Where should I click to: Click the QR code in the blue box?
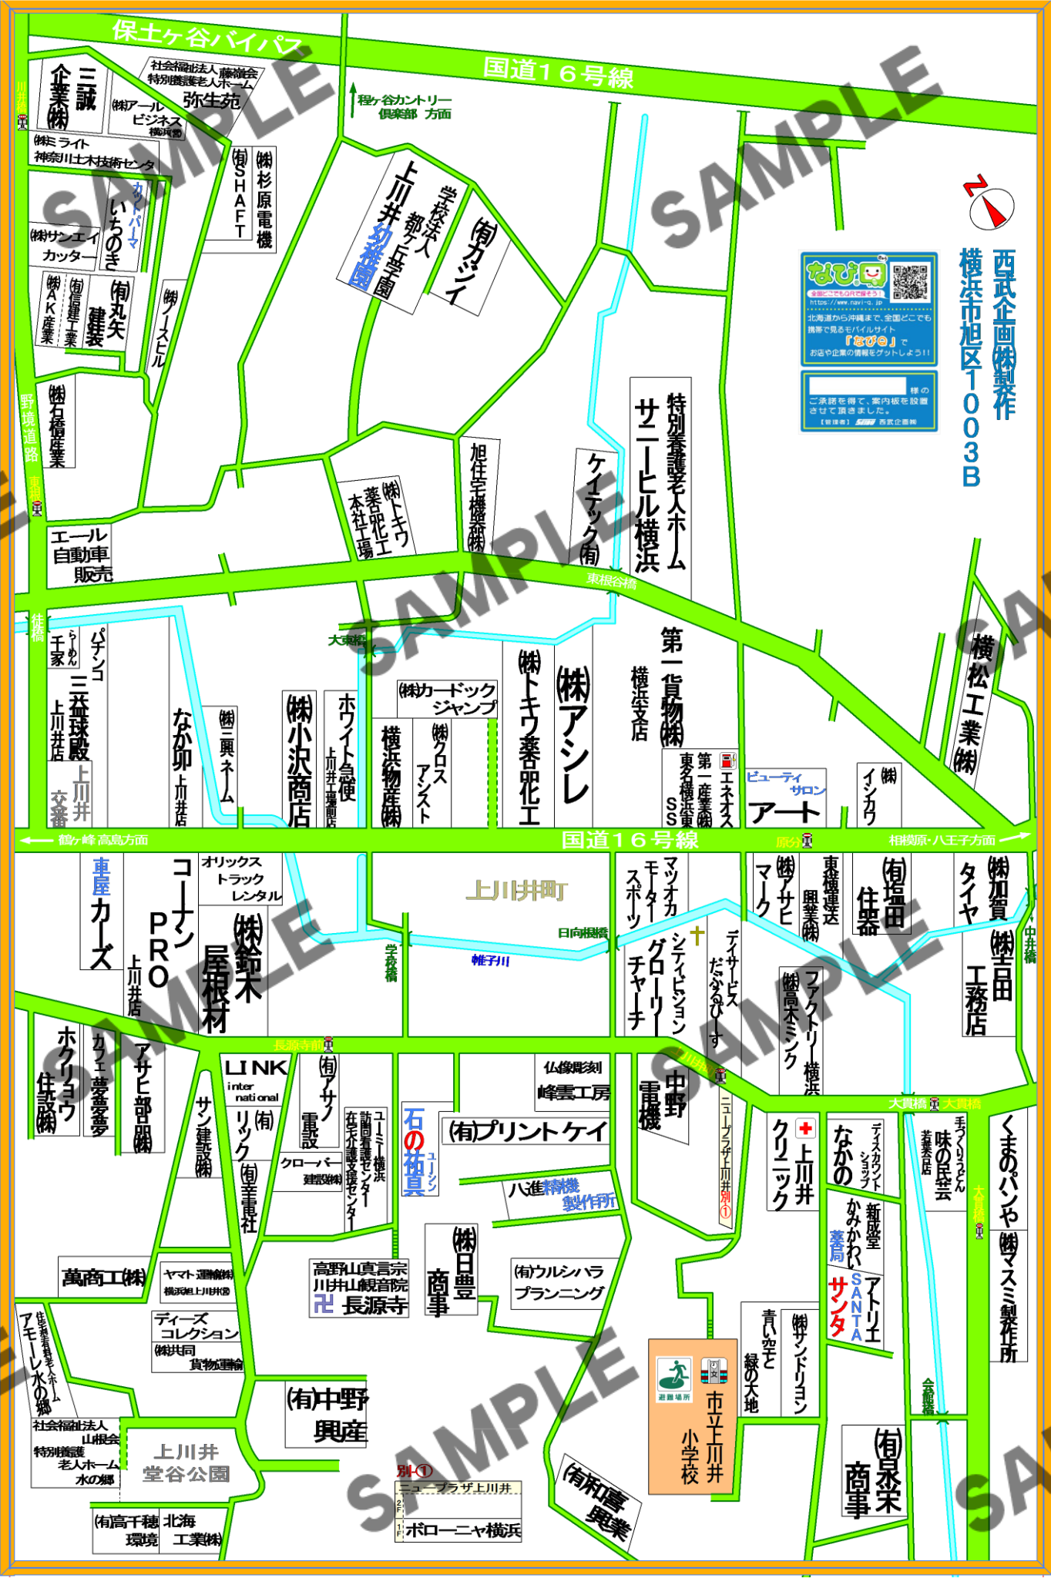[x=910, y=282]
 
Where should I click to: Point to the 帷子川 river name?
[x=491, y=960]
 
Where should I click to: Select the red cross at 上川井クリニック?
[x=805, y=1129]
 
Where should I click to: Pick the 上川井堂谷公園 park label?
[x=186, y=1462]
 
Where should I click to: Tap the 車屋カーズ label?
[x=101, y=912]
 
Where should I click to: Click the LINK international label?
[x=256, y=1078]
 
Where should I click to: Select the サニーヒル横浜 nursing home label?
[x=647, y=485]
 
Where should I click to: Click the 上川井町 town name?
[x=516, y=891]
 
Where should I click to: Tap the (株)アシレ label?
[x=573, y=732]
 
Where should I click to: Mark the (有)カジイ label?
[x=470, y=262]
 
